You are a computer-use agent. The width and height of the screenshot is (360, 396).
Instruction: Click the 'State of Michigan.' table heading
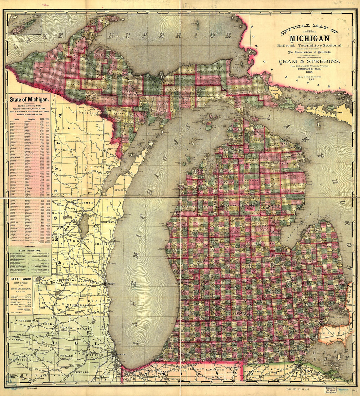(29, 99)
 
